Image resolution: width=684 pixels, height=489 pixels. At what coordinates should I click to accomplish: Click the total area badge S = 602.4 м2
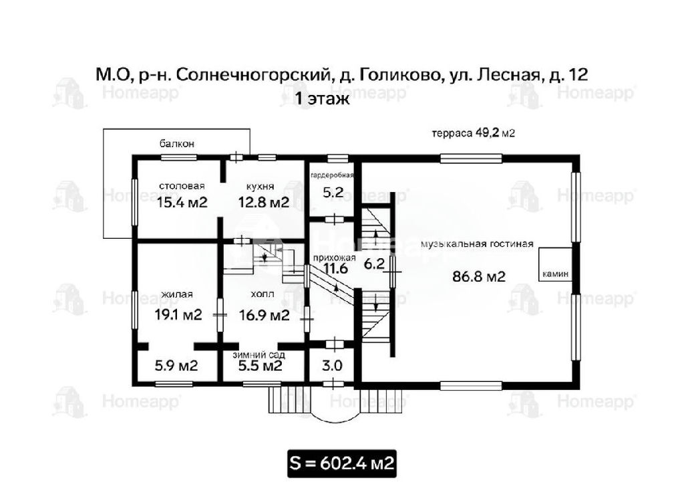pos(342,464)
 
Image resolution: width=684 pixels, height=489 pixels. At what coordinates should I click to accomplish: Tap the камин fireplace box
pos(555,264)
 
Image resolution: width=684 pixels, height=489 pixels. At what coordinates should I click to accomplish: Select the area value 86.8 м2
pos(479,277)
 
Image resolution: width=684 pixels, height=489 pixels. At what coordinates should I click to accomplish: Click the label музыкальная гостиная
pos(477,244)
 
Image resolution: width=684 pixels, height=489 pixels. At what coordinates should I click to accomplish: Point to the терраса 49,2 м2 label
pos(474,133)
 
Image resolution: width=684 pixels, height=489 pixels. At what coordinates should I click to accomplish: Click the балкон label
pos(176,144)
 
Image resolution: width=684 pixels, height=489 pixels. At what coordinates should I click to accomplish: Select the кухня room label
pos(260,187)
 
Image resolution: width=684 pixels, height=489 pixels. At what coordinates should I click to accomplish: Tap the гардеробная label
pos(332,176)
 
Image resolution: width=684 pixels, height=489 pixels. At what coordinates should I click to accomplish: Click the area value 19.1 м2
pos(178,314)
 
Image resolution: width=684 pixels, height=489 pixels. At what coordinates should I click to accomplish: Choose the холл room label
pos(263,294)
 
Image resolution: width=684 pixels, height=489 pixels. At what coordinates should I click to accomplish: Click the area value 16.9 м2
pos(265,314)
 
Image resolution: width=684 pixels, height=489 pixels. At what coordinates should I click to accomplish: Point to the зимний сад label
pos(259,355)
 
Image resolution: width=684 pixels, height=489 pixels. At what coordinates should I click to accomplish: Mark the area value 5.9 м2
pos(176,365)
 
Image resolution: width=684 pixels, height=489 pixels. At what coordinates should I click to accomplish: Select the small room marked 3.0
pos(332,366)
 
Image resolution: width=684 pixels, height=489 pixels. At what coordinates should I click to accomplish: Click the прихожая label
pos(335,258)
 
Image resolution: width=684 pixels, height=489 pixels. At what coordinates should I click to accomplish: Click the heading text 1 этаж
pos(323,98)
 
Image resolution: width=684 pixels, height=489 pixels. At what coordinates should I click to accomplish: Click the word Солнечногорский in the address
pos(252,75)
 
